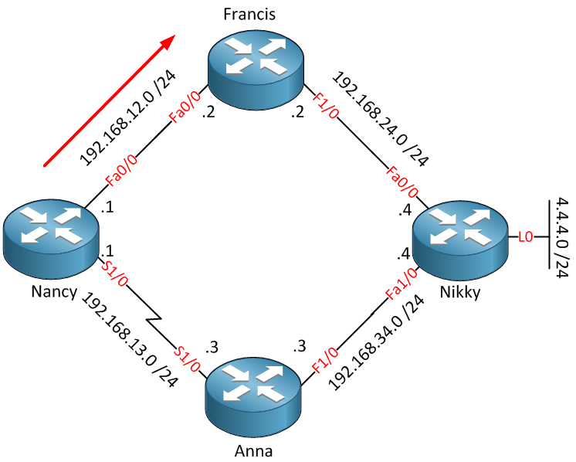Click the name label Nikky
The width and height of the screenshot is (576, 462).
[462, 292]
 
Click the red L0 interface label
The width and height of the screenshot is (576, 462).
[526, 237]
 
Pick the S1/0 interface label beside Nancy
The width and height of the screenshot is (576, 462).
[117, 273]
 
